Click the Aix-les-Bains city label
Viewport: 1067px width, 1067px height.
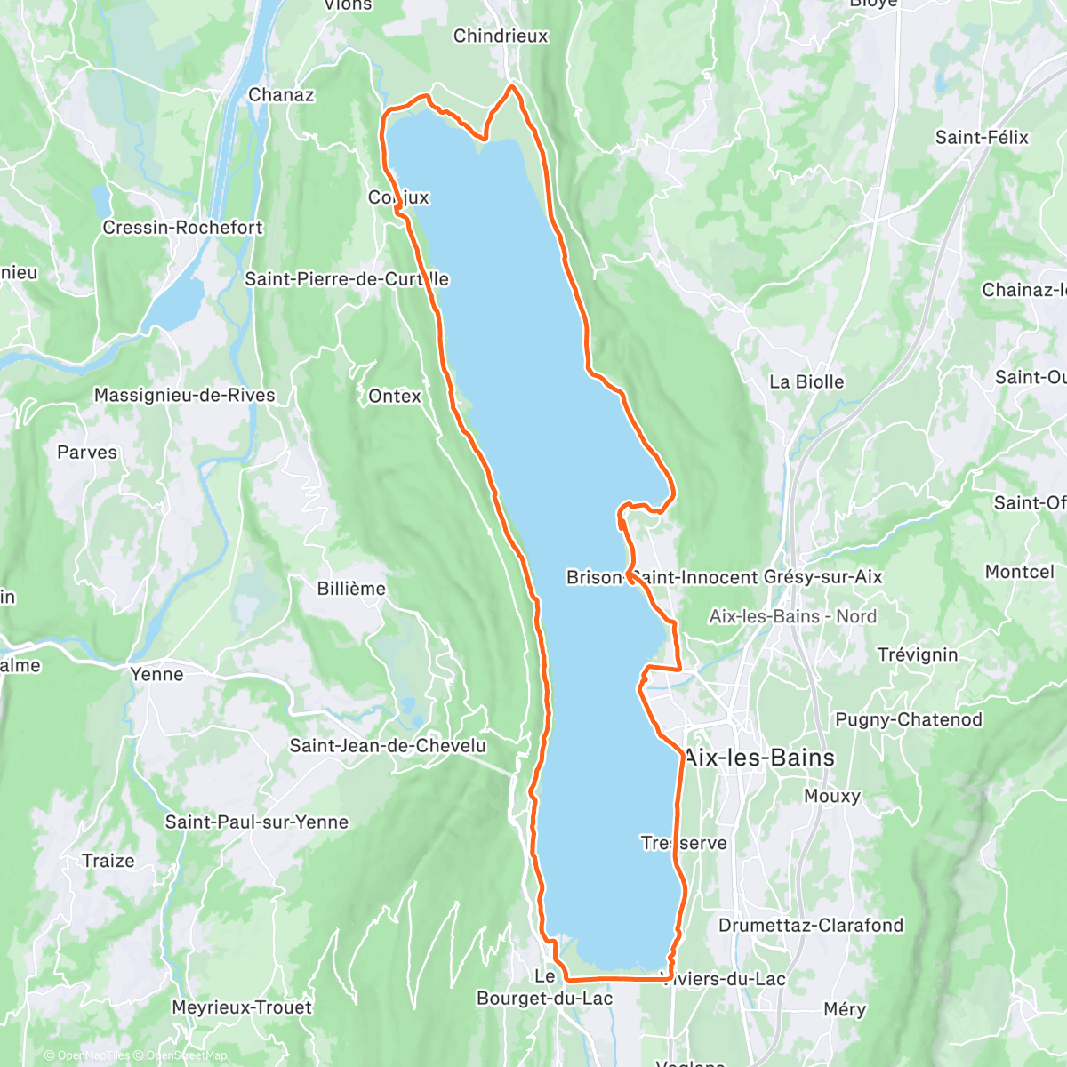tap(759, 758)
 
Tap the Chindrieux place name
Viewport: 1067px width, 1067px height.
tap(501, 36)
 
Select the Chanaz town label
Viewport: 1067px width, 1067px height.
tap(281, 95)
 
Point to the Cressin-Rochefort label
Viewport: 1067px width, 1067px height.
tap(182, 228)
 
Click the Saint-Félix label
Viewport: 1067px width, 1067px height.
tap(982, 138)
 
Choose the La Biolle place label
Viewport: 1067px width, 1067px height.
tap(806, 382)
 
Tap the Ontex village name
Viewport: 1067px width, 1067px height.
tap(395, 397)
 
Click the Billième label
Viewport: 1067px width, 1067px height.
tap(351, 589)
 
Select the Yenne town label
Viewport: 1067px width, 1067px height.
tap(157, 674)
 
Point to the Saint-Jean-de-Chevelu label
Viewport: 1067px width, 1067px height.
tap(388, 746)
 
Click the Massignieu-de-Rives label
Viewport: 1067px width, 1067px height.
tap(185, 396)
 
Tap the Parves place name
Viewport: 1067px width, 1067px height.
tap(87, 453)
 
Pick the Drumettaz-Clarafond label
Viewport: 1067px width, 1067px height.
tap(811, 926)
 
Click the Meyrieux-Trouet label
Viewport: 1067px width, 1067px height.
tap(242, 1007)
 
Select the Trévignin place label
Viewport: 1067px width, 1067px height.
tap(918, 655)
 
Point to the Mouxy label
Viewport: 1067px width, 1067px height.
tap(832, 797)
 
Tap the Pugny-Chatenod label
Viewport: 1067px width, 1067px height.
tap(909, 720)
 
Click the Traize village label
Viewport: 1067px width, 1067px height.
tap(108, 861)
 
